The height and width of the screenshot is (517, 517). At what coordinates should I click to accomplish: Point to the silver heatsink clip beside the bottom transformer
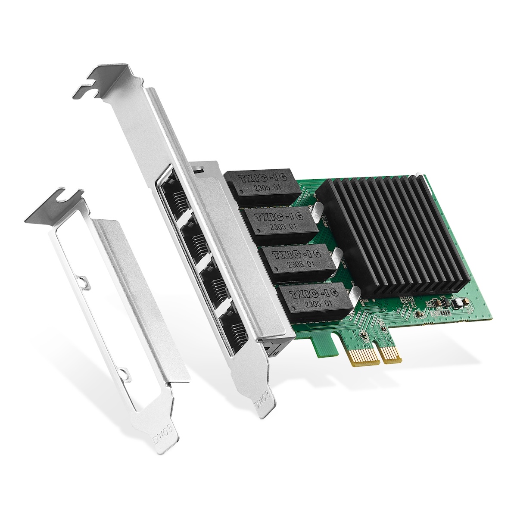tap(353, 295)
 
